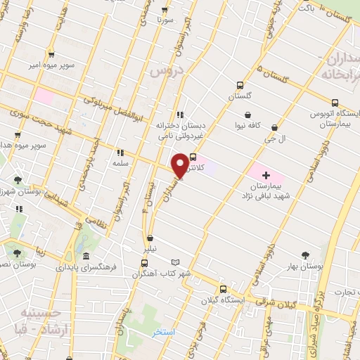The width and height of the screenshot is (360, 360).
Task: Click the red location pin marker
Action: click(x=181, y=165)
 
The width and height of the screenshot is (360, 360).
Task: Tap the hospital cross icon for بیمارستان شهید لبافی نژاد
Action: click(x=265, y=173)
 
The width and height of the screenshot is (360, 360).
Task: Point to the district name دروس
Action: click(x=167, y=72)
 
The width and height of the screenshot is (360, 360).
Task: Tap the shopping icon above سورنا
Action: click(x=165, y=10)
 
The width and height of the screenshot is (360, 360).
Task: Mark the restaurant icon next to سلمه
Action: click(x=120, y=152)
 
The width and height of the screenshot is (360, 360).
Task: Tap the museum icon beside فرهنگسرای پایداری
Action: click(x=84, y=257)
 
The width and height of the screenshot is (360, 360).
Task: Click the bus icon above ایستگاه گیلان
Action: click(x=223, y=288)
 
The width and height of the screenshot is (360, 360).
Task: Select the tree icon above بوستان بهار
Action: click(x=305, y=255)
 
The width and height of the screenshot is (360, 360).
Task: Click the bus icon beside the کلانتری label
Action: click(x=193, y=157)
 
